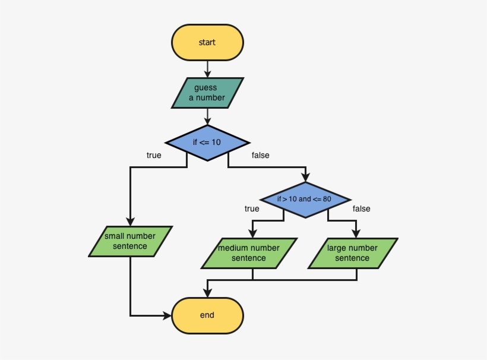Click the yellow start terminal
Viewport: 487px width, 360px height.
[x=207, y=42]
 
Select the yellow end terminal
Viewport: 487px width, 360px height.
[x=207, y=315]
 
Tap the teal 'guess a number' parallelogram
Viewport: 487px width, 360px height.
[x=207, y=93]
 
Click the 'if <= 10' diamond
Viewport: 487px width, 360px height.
[x=207, y=143]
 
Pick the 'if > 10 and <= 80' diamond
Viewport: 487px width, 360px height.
[x=305, y=199]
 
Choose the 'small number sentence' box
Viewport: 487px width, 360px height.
[x=130, y=241]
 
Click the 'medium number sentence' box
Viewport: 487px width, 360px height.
[x=249, y=253]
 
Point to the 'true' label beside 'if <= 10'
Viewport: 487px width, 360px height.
[x=154, y=156]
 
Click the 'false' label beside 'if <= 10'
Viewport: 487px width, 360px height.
[x=260, y=156]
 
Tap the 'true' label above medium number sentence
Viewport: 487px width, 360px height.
[x=252, y=209]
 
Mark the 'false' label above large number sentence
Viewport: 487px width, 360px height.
[x=361, y=209]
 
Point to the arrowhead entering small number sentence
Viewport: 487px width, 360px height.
[x=130, y=222]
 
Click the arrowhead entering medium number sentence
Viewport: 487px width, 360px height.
[x=252, y=233]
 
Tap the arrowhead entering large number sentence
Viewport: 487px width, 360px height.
[x=356, y=233]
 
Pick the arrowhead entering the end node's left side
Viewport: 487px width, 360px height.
[x=167, y=315]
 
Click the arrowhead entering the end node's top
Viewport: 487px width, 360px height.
[x=207, y=293]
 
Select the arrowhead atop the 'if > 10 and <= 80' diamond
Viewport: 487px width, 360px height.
[x=305, y=178]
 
